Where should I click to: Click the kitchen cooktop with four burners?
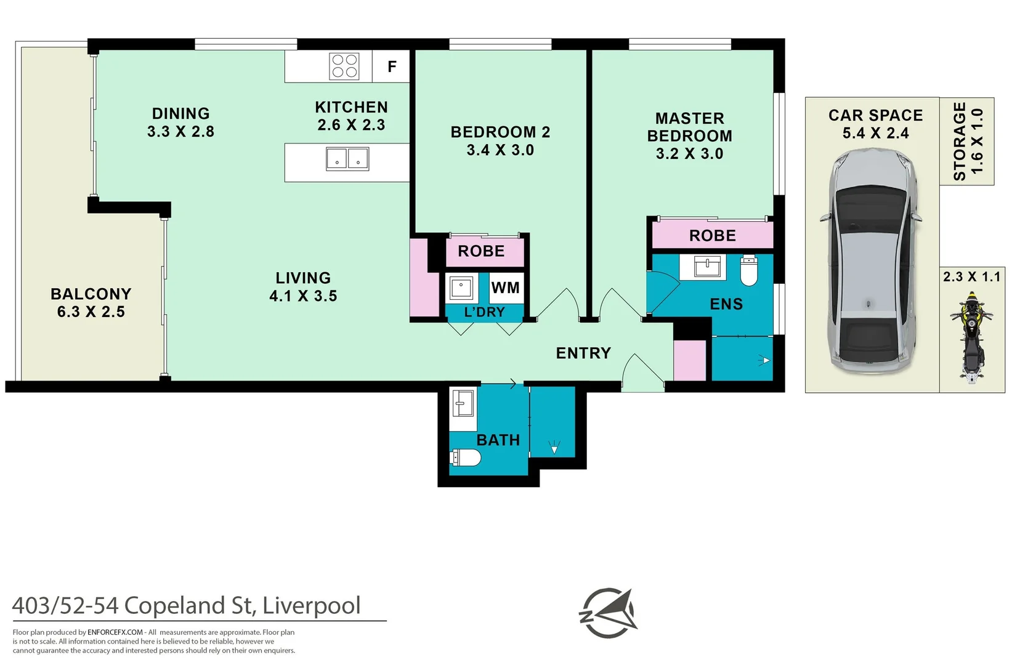344,66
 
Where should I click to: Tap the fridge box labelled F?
391,66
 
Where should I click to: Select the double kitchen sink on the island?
347,159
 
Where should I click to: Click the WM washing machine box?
506,288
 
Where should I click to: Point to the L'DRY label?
484,312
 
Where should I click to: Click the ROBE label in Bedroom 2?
481,251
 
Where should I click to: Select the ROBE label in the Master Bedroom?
712,236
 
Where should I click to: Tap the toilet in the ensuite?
748,271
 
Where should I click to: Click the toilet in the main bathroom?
466,457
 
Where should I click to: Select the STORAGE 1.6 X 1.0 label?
968,142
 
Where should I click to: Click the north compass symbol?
609,613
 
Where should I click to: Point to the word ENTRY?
583,353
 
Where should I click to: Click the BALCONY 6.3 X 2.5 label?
91,302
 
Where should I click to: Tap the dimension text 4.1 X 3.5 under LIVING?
303,296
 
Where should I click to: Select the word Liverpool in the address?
311,605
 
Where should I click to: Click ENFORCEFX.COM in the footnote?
115,632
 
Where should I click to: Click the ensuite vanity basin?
707,267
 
